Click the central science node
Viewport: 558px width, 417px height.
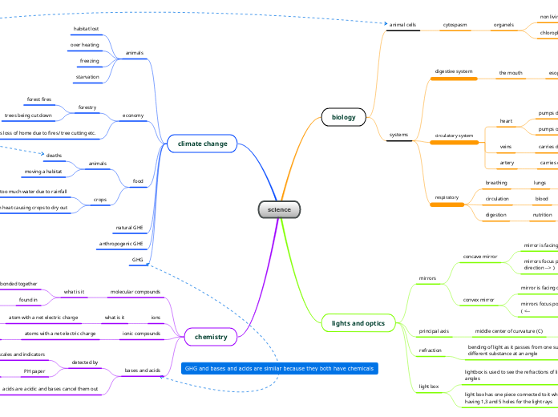pos(279,210)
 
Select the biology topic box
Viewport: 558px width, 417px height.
pos(343,118)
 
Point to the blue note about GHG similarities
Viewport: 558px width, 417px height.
pos(278,369)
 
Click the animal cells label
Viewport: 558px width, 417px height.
pos(402,26)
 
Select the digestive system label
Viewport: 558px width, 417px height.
pos(454,72)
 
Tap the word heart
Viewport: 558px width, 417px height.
pos(506,122)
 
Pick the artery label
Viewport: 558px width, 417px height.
pos(506,163)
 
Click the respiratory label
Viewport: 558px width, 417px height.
pos(447,197)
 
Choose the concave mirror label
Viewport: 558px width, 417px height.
pos(479,257)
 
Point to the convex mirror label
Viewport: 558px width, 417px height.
pos(479,299)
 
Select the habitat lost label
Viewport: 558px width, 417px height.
pos(87,28)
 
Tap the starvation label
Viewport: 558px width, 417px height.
pos(87,77)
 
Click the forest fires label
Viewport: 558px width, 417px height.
pos(39,99)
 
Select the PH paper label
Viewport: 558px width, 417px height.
pos(34,371)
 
